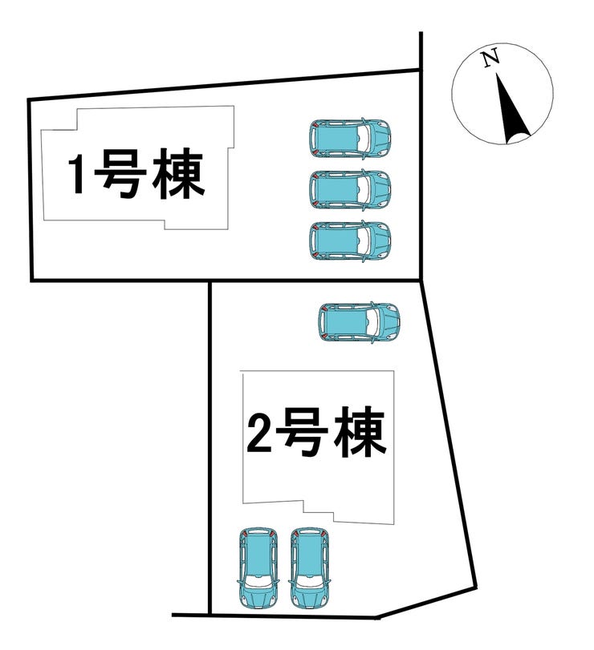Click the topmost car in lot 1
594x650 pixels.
tap(350, 138)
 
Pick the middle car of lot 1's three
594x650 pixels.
tap(350, 189)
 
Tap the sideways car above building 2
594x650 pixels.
tap(359, 322)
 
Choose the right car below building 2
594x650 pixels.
tap(309, 569)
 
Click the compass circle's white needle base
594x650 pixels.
tap(518, 139)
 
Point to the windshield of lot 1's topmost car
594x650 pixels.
tap(365, 138)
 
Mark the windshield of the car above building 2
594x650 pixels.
tap(373, 322)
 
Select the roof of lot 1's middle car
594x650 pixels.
tap(337, 189)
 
